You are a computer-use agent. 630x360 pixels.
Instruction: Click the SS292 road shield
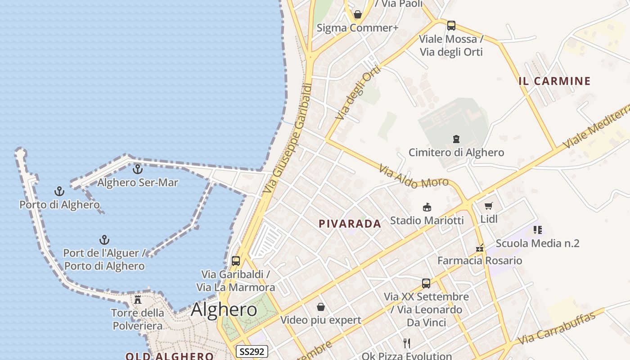[x=252, y=351]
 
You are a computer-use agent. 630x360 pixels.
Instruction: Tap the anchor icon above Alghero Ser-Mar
[x=138, y=169]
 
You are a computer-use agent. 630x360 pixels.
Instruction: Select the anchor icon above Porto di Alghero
[x=59, y=191]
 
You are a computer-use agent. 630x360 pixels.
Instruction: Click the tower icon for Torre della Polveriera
[x=138, y=299]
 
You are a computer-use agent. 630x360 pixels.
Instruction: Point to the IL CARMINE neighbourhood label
[x=554, y=81]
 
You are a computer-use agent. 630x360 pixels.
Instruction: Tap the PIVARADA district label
[x=350, y=224]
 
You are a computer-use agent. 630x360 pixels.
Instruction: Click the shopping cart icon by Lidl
[x=489, y=206]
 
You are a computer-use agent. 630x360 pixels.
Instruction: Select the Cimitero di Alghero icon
[x=456, y=139]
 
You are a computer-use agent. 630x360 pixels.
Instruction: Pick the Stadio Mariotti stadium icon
[x=427, y=207]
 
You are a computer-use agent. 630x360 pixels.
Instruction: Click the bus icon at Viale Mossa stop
[x=451, y=25]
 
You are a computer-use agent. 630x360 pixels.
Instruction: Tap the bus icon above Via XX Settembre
[x=426, y=283]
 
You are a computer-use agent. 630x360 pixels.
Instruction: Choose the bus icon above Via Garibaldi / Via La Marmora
[x=236, y=261]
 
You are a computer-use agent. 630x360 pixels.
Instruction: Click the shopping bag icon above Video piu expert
[x=321, y=307]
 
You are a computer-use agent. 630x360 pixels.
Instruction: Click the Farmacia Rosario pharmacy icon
[x=480, y=248]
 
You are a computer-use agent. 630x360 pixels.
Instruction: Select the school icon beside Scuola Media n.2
[x=537, y=230]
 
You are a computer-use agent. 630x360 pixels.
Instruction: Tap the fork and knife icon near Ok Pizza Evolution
[x=407, y=343]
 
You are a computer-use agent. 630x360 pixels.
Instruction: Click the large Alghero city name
[x=224, y=310]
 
